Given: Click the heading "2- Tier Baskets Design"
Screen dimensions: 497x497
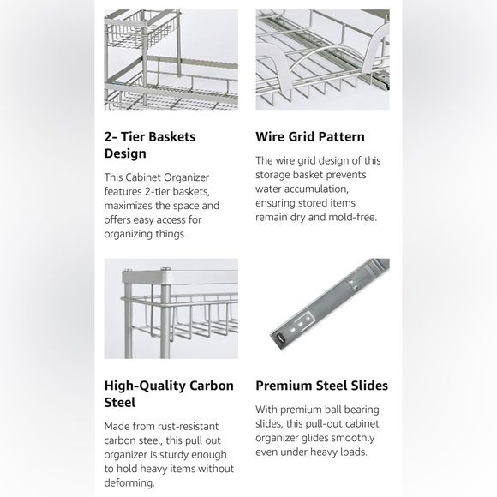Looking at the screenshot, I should click(150, 145).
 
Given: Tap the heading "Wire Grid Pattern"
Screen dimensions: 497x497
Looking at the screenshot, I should click(309, 136).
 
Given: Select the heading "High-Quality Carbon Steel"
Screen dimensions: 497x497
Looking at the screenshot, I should click(169, 393).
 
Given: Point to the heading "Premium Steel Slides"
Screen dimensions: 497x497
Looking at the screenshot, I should click(321, 386).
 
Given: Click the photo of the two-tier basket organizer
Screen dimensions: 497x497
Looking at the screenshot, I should click(171, 59).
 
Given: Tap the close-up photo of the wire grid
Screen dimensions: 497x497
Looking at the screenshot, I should click(322, 59).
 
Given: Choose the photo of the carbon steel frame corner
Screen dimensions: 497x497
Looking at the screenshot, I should click(171, 308).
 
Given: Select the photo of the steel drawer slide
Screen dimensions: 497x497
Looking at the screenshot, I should click(322, 308).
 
